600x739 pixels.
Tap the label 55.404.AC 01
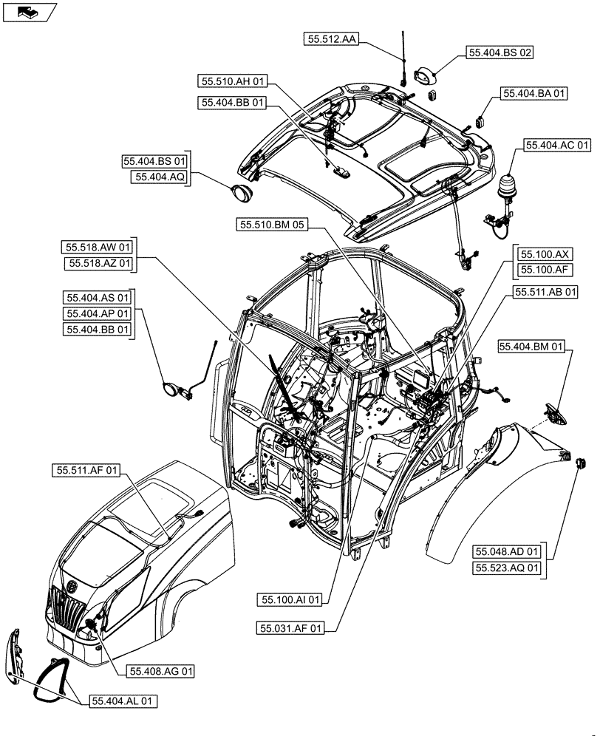pos(559,146)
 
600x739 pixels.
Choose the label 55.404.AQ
pos(160,177)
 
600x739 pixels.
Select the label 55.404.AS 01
pos(98,298)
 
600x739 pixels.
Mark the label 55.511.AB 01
pos(546,293)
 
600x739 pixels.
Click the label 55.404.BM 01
pos(532,346)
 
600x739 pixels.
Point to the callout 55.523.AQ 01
pos(508,568)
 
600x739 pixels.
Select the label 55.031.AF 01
pos(290,628)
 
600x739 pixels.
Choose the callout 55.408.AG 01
pos(162,671)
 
